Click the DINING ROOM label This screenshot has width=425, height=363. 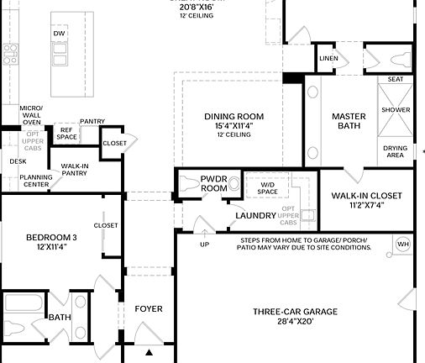click(x=233, y=117)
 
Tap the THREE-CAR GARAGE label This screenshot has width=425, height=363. click(x=295, y=312)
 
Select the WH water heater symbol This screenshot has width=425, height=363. click(x=401, y=245)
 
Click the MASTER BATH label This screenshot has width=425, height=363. click(x=346, y=121)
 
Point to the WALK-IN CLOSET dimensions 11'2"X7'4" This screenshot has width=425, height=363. click(x=366, y=205)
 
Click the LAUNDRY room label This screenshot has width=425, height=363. click(x=255, y=216)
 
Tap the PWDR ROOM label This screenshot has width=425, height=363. click(x=214, y=183)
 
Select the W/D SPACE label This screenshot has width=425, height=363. click(x=267, y=187)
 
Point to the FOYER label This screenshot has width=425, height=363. click(x=149, y=309)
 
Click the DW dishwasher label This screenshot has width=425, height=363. click(x=59, y=34)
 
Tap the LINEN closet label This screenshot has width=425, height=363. click(x=328, y=59)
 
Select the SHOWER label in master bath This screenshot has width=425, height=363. click(x=396, y=110)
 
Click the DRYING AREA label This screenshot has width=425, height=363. click(x=396, y=151)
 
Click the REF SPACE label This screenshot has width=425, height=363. click(x=68, y=133)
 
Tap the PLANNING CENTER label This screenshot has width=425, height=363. click(x=35, y=181)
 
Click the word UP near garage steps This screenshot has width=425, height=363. click(x=204, y=245)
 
